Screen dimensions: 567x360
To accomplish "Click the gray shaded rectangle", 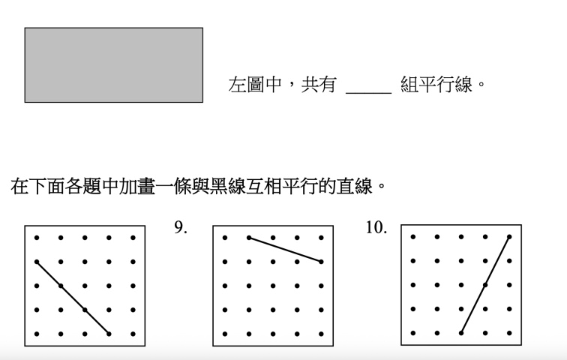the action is (x=113, y=65).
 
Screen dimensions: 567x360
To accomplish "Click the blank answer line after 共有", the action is (x=368, y=93).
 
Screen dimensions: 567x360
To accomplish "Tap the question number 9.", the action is (x=181, y=227).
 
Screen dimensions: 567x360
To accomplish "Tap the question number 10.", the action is (x=376, y=227).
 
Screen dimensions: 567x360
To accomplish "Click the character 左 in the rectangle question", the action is (x=237, y=85).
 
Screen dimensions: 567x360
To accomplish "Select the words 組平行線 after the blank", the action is (x=436, y=85).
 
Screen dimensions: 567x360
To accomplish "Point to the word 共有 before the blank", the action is (x=319, y=85).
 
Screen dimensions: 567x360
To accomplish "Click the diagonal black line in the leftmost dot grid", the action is (x=73, y=298).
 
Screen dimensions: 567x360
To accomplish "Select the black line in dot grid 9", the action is (x=285, y=250).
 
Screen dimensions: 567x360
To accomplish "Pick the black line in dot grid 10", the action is (x=485, y=285).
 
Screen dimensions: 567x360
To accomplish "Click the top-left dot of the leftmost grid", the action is (x=37, y=238).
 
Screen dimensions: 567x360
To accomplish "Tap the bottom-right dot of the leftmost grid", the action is (x=133, y=334).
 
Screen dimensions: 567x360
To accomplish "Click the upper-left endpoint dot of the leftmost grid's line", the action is (x=37, y=262).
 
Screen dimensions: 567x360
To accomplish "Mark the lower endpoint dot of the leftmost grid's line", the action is (x=109, y=334).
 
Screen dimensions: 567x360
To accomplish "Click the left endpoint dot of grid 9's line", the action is (x=249, y=238).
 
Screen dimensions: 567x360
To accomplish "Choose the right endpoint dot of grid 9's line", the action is (x=321, y=262).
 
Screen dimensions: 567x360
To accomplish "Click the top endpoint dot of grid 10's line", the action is (x=509, y=237).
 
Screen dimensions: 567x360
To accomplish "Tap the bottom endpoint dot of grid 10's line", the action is (x=461, y=333).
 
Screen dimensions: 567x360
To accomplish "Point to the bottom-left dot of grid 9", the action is (x=225, y=334).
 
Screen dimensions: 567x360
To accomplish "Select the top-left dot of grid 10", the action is (x=413, y=237).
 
